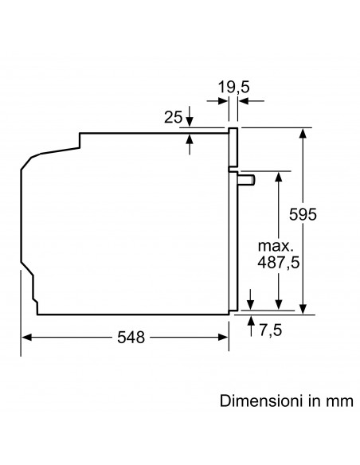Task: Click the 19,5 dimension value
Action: click(x=233, y=86)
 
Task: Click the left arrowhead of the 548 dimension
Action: click(x=25, y=338)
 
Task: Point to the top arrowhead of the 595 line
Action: click(x=304, y=132)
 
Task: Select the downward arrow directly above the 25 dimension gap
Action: click(x=190, y=120)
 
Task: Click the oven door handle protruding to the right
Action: click(x=248, y=180)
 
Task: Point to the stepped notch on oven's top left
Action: click(x=80, y=142)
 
